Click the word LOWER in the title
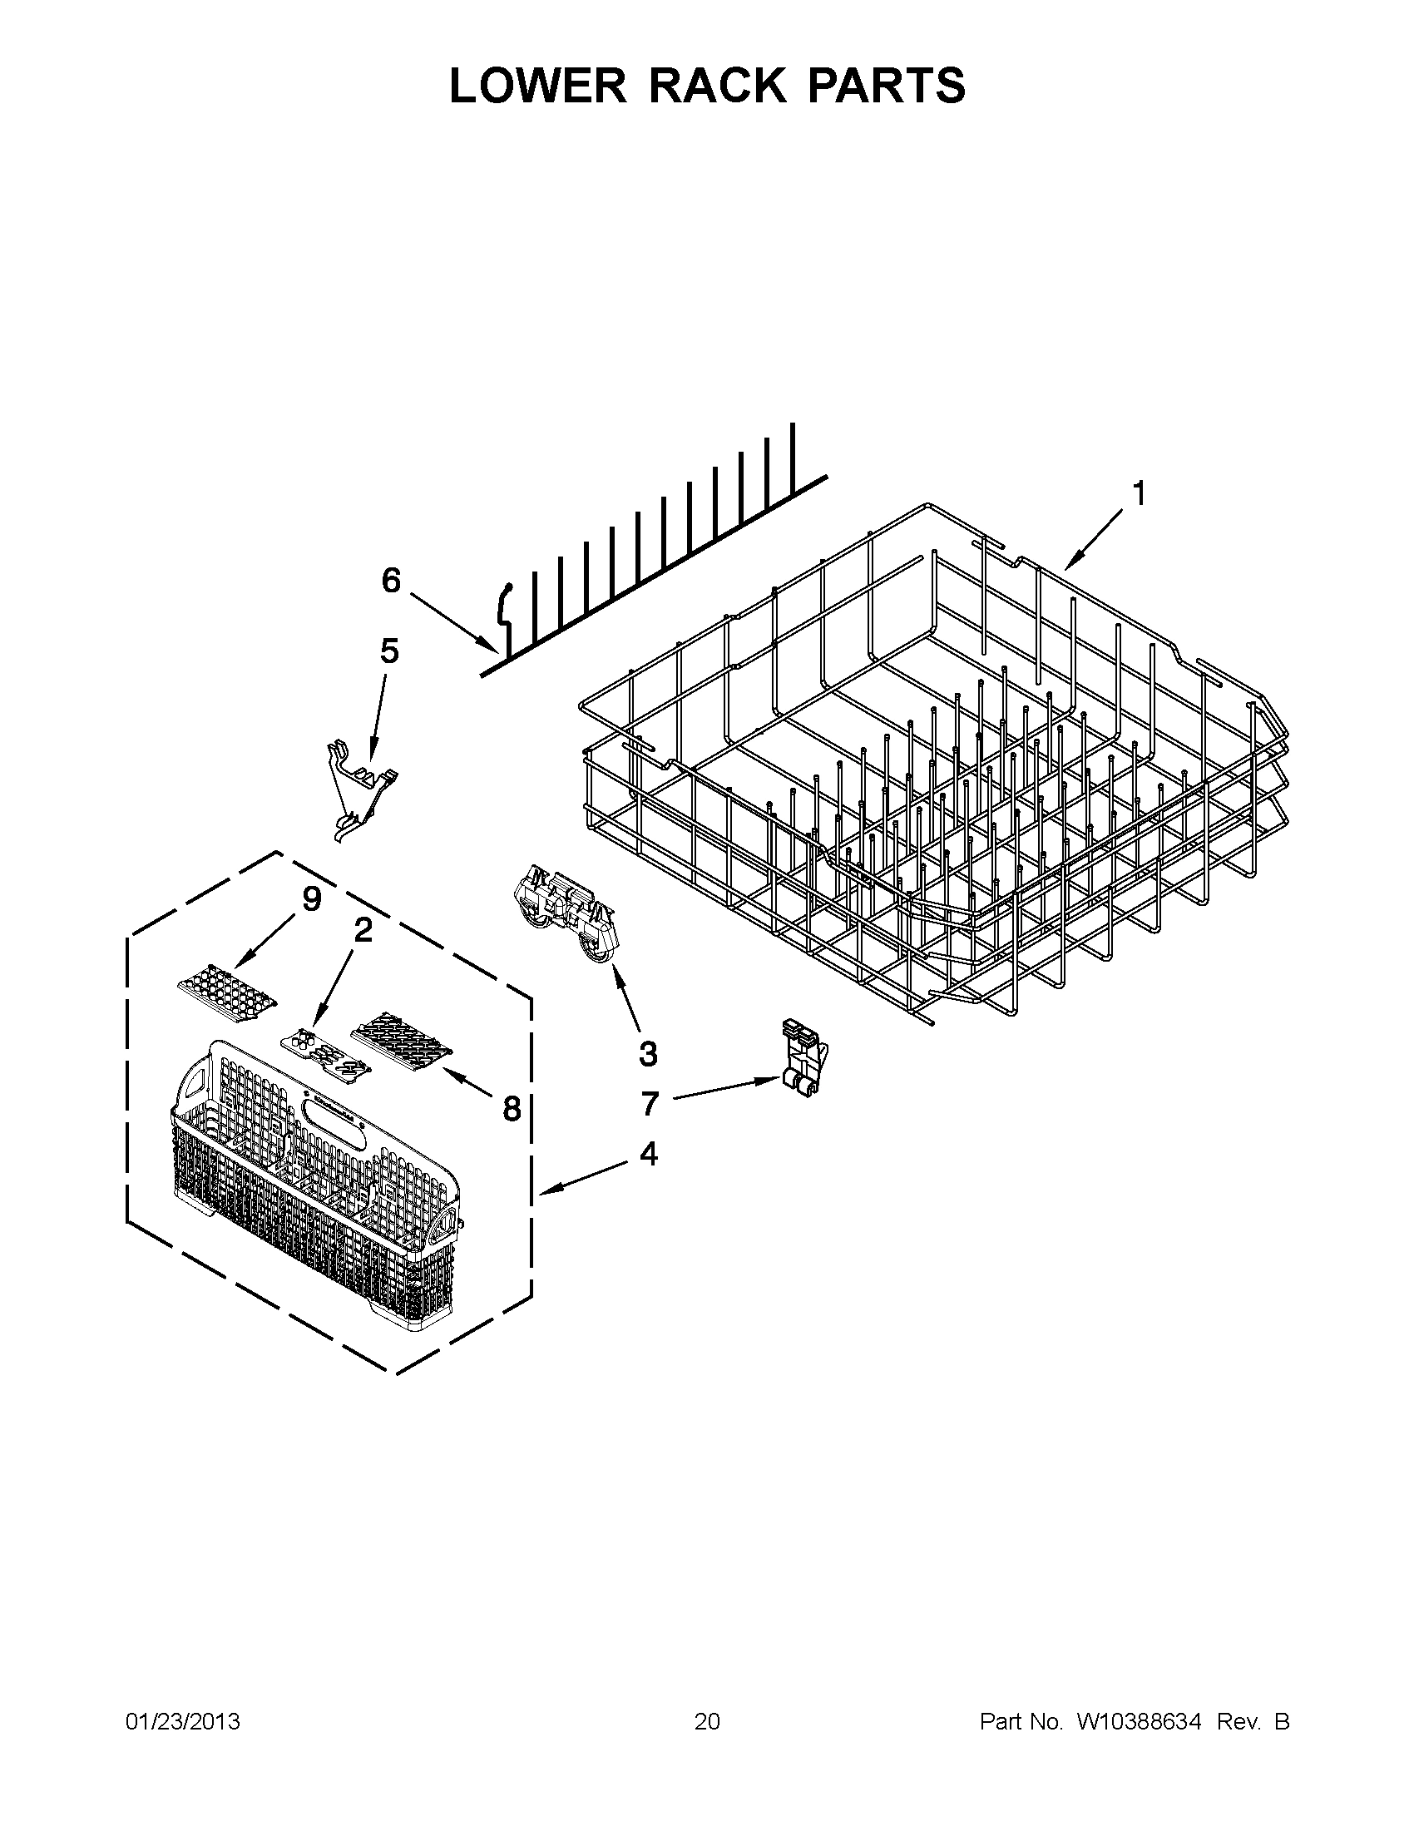(x=537, y=86)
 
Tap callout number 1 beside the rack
(x=1138, y=495)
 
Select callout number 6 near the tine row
(x=392, y=580)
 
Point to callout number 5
(x=390, y=651)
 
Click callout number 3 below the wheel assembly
(x=648, y=1054)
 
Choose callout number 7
(x=650, y=1104)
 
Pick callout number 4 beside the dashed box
(x=648, y=1155)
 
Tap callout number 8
(x=512, y=1109)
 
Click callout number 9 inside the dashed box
(x=311, y=899)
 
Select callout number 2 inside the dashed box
(x=363, y=930)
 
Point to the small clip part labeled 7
(x=803, y=1058)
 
